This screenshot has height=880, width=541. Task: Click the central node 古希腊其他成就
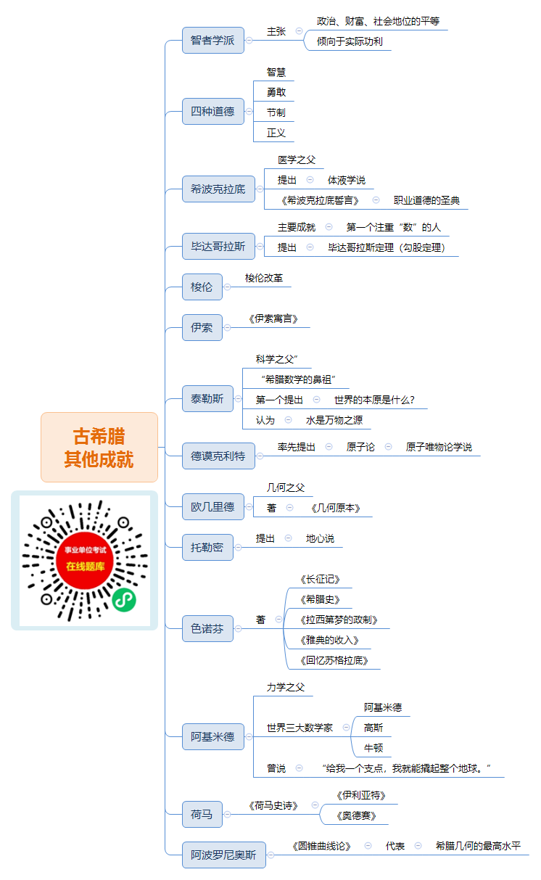pyautogui.click(x=99, y=447)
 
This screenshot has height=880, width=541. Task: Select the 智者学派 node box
pyautogui.click(x=212, y=40)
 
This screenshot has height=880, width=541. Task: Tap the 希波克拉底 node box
pyautogui.click(x=218, y=189)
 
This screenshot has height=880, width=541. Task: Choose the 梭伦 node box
pyautogui.click(x=202, y=287)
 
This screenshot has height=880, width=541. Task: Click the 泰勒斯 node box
pyautogui.click(x=207, y=399)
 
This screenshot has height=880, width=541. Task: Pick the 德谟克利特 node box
pyautogui.click(x=218, y=456)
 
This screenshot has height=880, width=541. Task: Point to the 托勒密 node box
pyautogui.click(x=207, y=547)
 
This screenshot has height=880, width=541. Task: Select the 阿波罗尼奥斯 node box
pyautogui.click(x=224, y=855)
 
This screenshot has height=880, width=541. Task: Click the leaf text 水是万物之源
pyautogui.click(x=334, y=420)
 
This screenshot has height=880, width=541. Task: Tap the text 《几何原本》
pyautogui.click(x=336, y=509)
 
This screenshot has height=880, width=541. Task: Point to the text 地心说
pyautogui.click(x=320, y=538)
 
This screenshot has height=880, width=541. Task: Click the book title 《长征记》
pyautogui.click(x=320, y=580)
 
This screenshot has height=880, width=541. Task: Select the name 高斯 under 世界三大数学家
pyautogui.click(x=373, y=728)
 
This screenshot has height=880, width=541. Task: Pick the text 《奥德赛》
pyautogui.click(x=356, y=816)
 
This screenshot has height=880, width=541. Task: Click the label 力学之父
pyautogui.click(x=286, y=687)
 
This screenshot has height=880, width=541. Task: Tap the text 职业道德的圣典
pyautogui.click(x=426, y=200)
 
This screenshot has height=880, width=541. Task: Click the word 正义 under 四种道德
pyautogui.click(x=276, y=133)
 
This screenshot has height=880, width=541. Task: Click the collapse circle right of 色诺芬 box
pyautogui.click(x=238, y=628)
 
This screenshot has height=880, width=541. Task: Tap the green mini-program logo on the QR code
pyautogui.click(x=124, y=600)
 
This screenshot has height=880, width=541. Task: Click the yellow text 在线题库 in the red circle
pyautogui.click(x=85, y=567)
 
